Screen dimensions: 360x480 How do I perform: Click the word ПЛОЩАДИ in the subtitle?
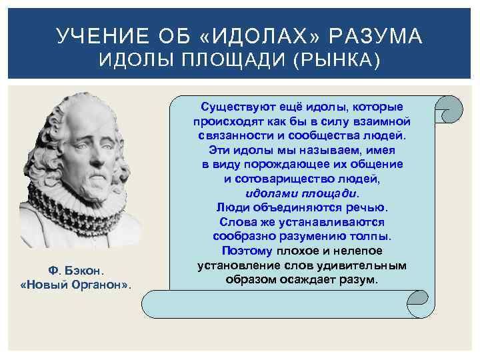pyautogui.click(x=224, y=61)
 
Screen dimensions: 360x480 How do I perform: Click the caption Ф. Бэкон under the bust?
pyautogui.click(x=77, y=271)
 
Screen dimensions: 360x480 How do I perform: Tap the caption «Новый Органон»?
pyautogui.click(x=77, y=285)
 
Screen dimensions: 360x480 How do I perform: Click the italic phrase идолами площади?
pyautogui.click(x=301, y=193)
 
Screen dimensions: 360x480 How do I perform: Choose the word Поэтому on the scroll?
pyautogui.click(x=247, y=251)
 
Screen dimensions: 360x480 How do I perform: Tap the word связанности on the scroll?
pyautogui.click(x=230, y=135)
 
